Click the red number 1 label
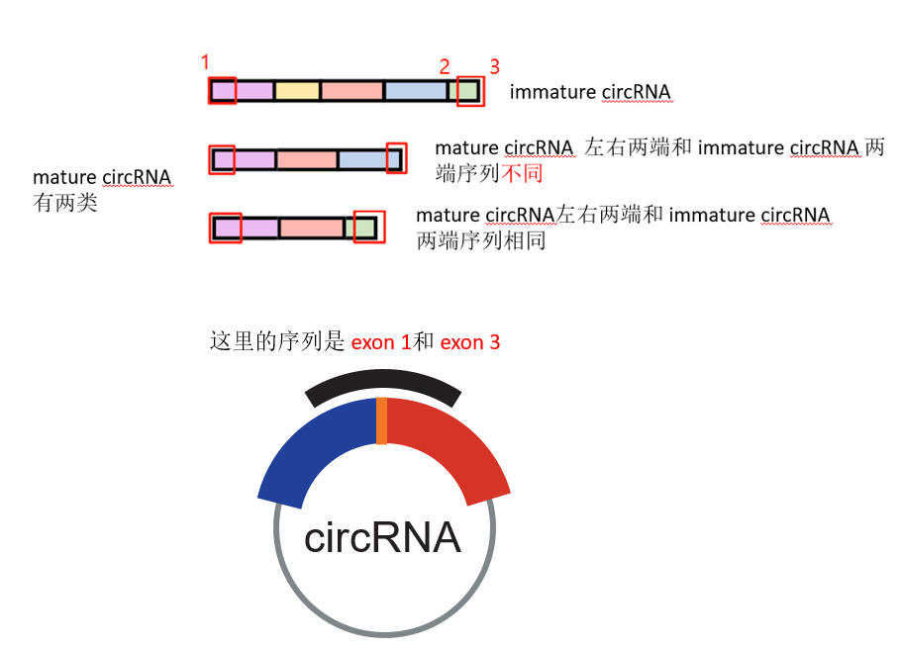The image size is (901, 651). point(205,62)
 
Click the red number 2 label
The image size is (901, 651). point(445,67)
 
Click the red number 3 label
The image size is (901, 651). point(494,67)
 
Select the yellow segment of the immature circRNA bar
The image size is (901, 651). point(297,91)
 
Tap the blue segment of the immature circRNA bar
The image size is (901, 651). point(416,91)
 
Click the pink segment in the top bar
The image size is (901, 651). point(351,91)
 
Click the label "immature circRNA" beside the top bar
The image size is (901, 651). point(590,92)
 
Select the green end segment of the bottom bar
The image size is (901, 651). point(365,229)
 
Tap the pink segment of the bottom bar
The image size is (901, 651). point(311,229)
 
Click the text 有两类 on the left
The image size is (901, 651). point(65,205)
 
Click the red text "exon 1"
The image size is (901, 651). point(380,343)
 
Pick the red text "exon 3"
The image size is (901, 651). point(470,343)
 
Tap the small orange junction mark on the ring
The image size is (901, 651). point(382,420)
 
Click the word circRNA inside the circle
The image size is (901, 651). point(382,537)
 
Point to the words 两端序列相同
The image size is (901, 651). point(481,240)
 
